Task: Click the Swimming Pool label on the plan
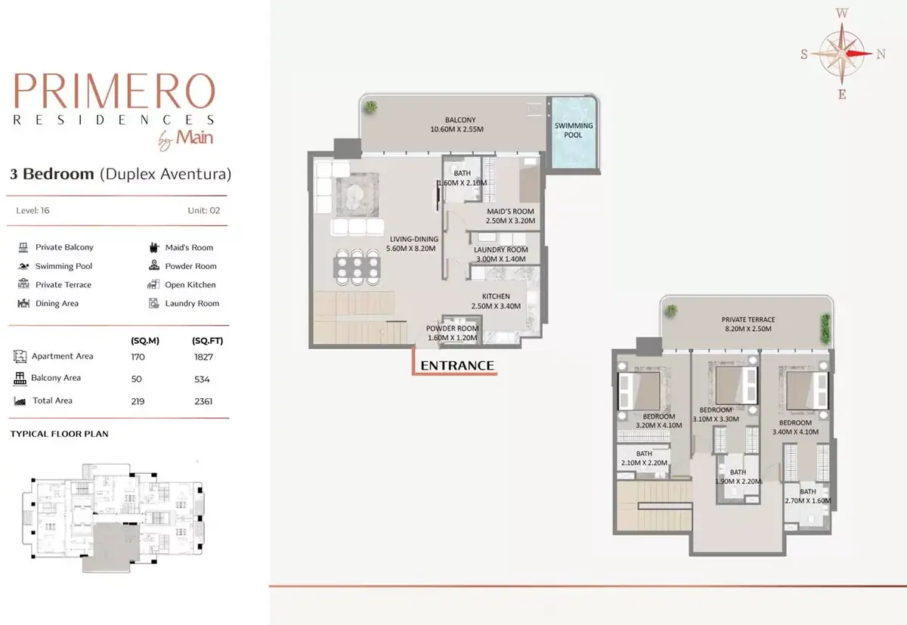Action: click(x=574, y=130)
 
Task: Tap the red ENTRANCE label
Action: click(x=457, y=366)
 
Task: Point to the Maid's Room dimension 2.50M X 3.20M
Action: click(x=510, y=221)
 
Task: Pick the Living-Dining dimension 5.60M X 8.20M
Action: click(x=410, y=248)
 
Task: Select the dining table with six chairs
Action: click(x=357, y=268)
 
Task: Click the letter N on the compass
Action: click(x=881, y=54)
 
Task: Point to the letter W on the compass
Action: click(x=842, y=13)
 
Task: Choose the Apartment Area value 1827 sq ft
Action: click(x=203, y=357)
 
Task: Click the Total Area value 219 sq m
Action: click(x=138, y=401)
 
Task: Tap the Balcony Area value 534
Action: click(x=202, y=379)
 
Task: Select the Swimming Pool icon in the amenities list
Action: click(x=23, y=266)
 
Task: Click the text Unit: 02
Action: click(x=203, y=211)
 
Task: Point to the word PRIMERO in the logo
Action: click(x=115, y=91)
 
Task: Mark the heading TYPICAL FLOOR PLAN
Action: click(x=60, y=434)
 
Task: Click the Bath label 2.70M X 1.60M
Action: click(x=807, y=496)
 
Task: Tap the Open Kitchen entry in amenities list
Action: click(x=182, y=285)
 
